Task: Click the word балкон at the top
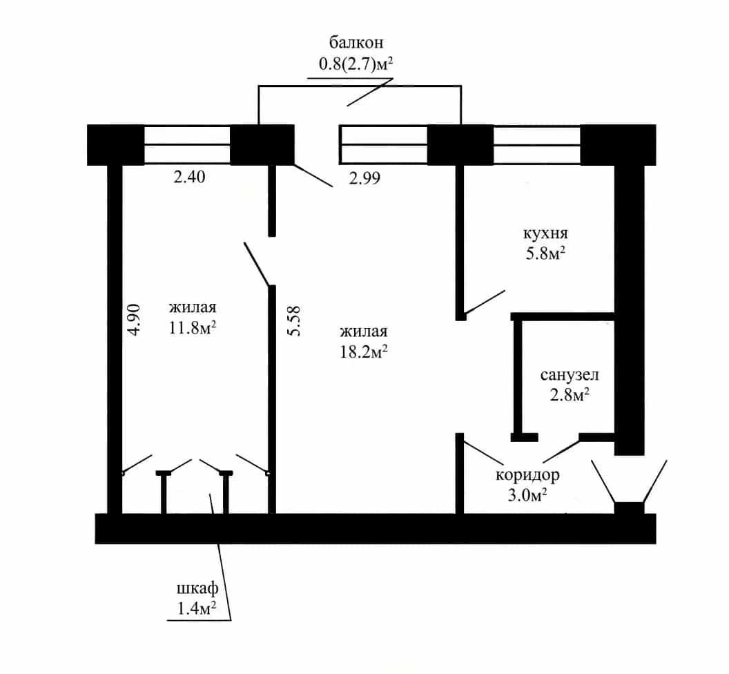[x=356, y=42]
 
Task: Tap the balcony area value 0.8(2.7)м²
[x=356, y=64]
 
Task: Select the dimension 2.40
[x=189, y=177]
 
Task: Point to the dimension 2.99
[x=364, y=178]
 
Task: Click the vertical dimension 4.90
[x=134, y=320]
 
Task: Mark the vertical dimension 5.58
[x=294, y=321]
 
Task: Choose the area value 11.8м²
[x=192, y=328]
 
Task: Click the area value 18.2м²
[x=364, y=352]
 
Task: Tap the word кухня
[x=545, y=233]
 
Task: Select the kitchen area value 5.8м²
[x=545, y=254]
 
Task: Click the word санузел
[x=570, y=375]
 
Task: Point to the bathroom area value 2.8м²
[x=570, y=396]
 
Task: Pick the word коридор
[x=527, y=476]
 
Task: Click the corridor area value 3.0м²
[x=527, y=495]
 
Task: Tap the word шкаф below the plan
[x=197, y=589]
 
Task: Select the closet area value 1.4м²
[x=197, y=608]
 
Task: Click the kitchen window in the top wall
[x=537, y=144]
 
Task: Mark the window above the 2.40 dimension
[x=187, y=144]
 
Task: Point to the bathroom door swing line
[x=561, y=450]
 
